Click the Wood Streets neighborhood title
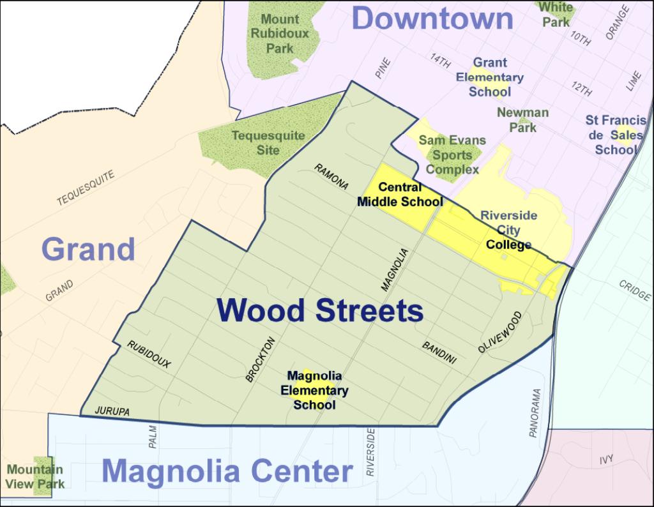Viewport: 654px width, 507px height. [319, 311]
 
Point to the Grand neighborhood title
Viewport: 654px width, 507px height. [89, 249]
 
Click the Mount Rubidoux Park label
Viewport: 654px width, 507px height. [280, 34]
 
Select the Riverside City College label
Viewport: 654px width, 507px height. [508, 230]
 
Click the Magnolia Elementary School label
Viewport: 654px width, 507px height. [314, 390]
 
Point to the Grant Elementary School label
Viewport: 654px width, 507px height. [490, 77]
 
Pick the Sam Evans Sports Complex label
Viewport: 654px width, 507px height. [452, 155]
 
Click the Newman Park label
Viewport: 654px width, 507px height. [522, 119]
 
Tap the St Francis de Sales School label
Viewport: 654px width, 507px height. [616, 135]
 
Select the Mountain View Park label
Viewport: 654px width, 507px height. [35, 477]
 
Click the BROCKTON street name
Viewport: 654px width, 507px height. [260, 359]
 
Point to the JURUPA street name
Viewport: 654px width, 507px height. [112, 412]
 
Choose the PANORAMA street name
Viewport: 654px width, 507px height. [535, 413]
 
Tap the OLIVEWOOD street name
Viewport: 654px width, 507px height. [499, 332]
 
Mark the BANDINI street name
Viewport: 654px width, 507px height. [439, 352]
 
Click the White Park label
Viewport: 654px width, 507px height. [556, 14]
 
